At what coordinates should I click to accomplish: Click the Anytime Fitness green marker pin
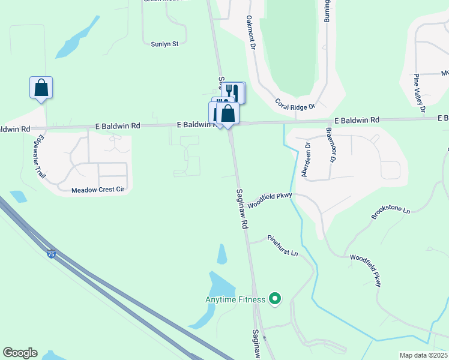click(x=275, y=298)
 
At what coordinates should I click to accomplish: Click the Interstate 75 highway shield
click(x=51, y=254)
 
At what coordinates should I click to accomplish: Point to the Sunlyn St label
click(x=165, y=44)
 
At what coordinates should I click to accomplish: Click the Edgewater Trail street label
click(x=40, y=158)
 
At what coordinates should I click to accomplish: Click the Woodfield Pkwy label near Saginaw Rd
click(x=269, y=199)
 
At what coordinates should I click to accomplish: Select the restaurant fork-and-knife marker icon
click(x=233, y=92)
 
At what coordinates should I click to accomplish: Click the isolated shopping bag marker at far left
click(x=41, y=88)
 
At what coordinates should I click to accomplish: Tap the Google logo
click(x=20, y=353)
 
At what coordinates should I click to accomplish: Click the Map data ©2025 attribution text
click(x=423, y=355)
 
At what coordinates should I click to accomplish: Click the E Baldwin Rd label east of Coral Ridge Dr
click(x=357, y=121)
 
